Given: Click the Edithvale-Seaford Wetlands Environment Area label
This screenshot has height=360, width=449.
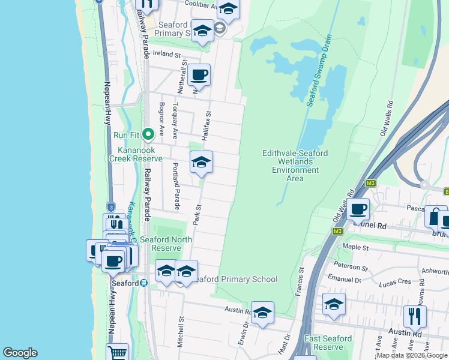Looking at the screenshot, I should [x=295, y=166].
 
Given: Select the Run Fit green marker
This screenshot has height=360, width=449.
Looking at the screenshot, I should [x=145, y=134].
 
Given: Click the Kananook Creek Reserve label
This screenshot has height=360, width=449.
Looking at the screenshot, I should [x=136, y=154].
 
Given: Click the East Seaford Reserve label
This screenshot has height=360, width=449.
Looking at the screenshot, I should [x=328, y=343].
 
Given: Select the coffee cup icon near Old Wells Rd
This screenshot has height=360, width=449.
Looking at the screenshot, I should [x=358, y=209].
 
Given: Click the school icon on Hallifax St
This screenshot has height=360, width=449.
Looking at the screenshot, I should [x=201, y=162].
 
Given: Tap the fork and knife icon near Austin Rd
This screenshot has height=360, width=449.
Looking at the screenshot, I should [x=415, y=316].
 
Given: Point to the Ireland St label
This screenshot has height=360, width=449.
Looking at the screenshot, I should [x=167, y=54].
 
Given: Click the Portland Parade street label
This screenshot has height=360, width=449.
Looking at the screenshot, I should [x=176, y=186].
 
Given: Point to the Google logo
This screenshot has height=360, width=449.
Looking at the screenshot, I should [x=20, y=353].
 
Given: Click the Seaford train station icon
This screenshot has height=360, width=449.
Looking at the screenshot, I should [x=144, y=283].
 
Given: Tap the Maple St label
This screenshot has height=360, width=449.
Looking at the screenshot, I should [x=355, y=246].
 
